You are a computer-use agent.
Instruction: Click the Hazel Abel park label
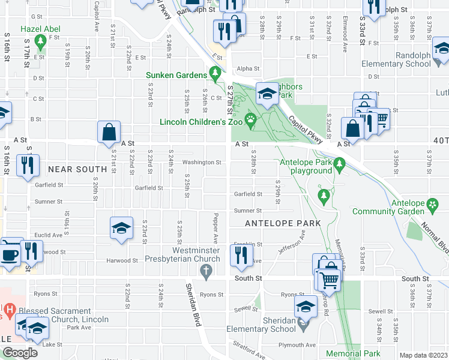tap(41, 29)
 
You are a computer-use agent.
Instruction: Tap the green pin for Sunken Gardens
tap(215, 74)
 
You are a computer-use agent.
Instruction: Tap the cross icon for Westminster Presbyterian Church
tap(206, 273)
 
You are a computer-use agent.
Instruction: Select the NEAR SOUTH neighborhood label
tap(77, 170)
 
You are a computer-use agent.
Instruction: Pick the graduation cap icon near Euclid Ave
tap(121, 228)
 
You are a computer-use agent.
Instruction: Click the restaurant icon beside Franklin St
tap(241, 256)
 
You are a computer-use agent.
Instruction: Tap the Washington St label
tap(202, 162)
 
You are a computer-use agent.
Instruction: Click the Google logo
tap(20, 353)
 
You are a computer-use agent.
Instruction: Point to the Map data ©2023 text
tap(423, 355)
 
